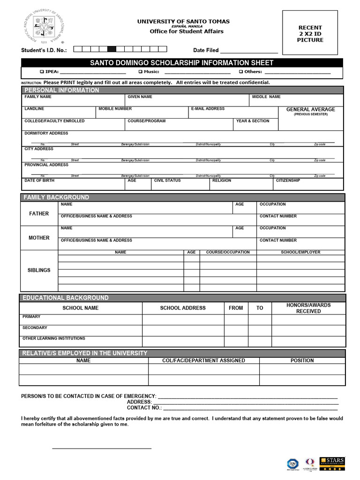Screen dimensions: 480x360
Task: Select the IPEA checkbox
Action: (42, 72)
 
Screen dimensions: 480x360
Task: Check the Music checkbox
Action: (140, 72)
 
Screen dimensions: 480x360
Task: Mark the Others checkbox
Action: (240, 72)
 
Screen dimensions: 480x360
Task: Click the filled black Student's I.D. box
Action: (112, 49)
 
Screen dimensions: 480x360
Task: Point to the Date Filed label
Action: (206, 50)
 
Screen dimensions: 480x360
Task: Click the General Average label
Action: (311, 110)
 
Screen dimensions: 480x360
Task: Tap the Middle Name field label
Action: (266, 97)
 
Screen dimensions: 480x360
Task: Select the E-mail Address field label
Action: (208, 109)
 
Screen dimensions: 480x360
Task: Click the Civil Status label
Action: (167, 180)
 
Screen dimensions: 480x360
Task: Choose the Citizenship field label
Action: (288, 180)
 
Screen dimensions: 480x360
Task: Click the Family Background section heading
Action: (56, 197)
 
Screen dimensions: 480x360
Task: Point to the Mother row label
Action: (39, 238)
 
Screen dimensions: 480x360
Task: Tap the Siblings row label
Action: (39, 270)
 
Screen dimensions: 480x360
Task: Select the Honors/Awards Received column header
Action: (308, 308)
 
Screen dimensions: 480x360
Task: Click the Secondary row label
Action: (35, 328)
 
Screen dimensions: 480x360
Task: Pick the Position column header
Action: (302, 360)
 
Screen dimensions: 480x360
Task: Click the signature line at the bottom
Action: (102, 449)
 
